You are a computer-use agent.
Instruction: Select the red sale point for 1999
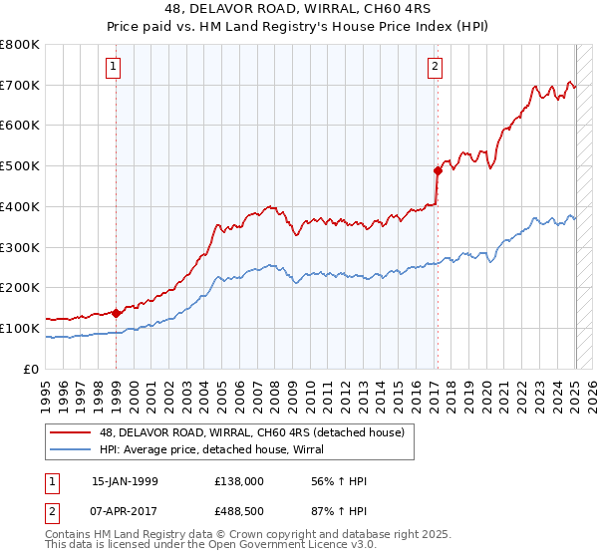tap(116, 313)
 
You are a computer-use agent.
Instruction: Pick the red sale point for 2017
tap(437, 170)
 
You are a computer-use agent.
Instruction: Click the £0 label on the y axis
tap(32, 369)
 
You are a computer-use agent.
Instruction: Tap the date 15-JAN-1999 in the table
tap(125, 481)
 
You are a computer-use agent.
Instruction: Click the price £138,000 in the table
tap(239, 481)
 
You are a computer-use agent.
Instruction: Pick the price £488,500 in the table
tap(239, 511)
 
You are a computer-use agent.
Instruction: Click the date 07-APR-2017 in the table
tap(125, 511)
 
